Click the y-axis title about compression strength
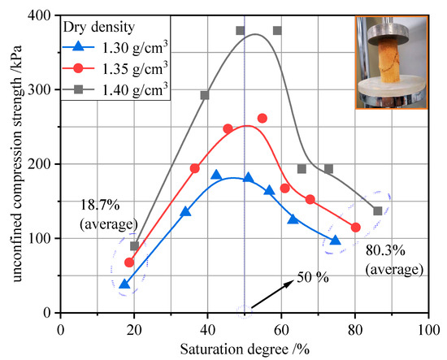click(14, 163)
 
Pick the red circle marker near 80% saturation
click(355, 228)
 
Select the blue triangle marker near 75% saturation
click(336, 240)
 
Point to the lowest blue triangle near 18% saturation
click(124, 284)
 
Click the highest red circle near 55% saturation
click(263, 119)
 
